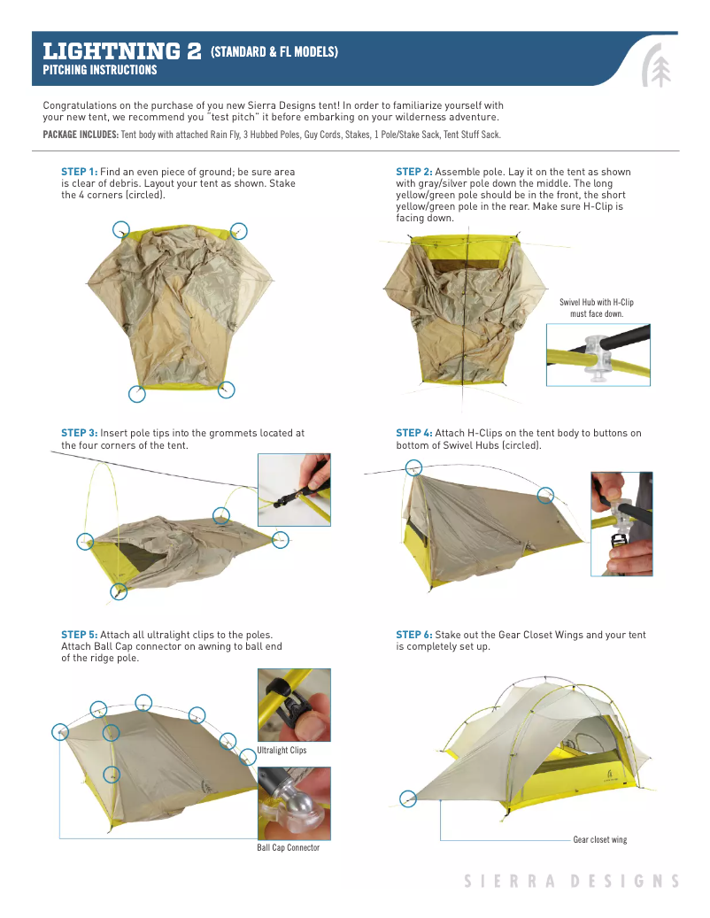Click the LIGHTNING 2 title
pyautogui.click(x=122, y=51)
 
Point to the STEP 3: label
pyautogui.click(x=79, y=433)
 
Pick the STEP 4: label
pyautogui.click(x=413, y=433)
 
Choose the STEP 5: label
pyautogui.click(x=79, y=635)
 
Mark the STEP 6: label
pyautogui.click(x=413, y=635)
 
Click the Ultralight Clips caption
pyautogui.click(x=282, y=751)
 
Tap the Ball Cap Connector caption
pyautogui.click(x=289, y=847)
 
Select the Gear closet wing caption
pyautogui.click(x=599, y=839)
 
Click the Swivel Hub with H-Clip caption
pyautogui.click(x=597, y=308)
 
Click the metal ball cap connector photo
pyautogui.click(x=294, y=803)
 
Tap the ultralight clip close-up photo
pyautogui.click(x=294, y=706)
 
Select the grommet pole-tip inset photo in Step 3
pyautogui.click(x=294, y=490)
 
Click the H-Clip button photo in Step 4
pyautogui.click(x=621, y=523)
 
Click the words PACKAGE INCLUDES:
pyautogui.click(x=81, y=135)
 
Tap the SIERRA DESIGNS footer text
pyautogui.click(x=572, y=881)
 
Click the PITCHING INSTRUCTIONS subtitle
pyautogui.click(x=100, y=70)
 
